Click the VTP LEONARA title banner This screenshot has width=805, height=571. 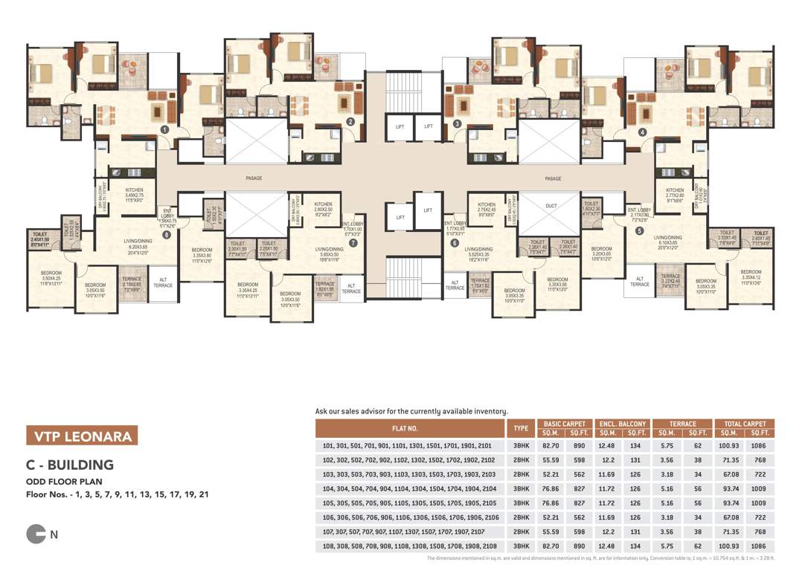[80, 436]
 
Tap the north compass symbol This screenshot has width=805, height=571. [36, 533]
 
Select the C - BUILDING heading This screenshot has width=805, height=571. [70, 465]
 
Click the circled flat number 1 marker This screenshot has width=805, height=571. [164, 129]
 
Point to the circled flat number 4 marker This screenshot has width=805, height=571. [642, 132]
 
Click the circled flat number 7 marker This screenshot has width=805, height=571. [353, 242]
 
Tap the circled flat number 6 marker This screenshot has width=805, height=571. [455, 242]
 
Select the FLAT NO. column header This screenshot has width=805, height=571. [411, 428]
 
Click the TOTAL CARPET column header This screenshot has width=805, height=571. [745, 424]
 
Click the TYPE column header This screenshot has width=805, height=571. [521, 428]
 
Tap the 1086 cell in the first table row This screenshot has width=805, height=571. [760, 446]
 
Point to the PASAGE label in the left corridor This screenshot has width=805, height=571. [255, 178]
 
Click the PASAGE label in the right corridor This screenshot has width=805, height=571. [553, 178]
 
